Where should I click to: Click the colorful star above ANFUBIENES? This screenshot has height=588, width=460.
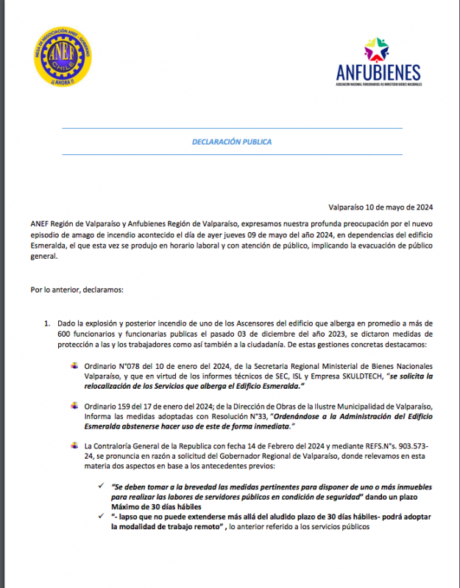(378, 50)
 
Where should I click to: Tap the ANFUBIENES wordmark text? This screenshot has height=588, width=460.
(378, 72)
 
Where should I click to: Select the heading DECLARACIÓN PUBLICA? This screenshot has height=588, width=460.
(231, 141)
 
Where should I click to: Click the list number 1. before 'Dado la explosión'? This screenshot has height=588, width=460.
(49, 323)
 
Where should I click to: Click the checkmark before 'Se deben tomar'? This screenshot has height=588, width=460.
(101, 487)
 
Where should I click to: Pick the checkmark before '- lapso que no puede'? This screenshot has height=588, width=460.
(101, 517)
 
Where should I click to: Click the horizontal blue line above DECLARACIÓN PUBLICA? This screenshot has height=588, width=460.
(231, 128)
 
